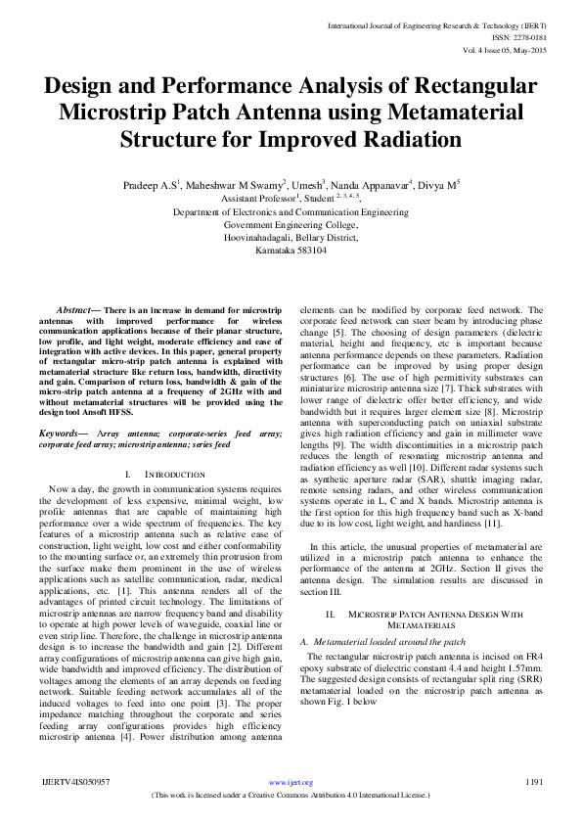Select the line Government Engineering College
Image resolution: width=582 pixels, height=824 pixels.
click(291, 224)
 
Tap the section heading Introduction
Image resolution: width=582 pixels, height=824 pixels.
click(173, 474)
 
